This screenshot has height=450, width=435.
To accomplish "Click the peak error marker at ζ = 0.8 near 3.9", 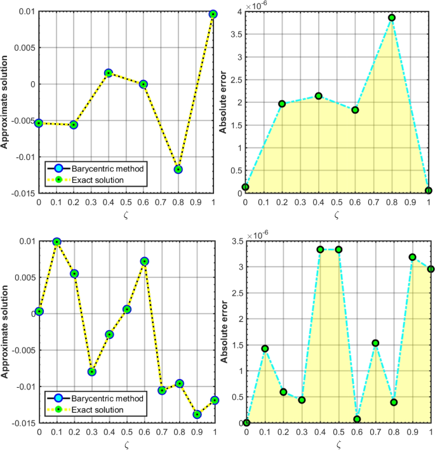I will pyautogui.click(x=392, y=18).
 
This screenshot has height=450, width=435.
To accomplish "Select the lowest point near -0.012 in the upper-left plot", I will pyautogui.click(x=178, y=169).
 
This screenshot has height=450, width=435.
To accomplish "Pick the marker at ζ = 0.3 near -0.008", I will pyautogui.click(x=92, y=372).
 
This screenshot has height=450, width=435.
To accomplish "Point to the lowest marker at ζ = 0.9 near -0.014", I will pyautogui.click(x=197, y=414).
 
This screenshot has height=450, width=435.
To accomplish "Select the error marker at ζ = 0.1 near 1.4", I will pyautogui.click(x=265, y=348).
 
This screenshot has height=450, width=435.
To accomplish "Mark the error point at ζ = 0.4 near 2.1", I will pyautogui.click(x=319, y=96).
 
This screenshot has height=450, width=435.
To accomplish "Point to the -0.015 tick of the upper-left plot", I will pyautogui.click(x=19, y=194).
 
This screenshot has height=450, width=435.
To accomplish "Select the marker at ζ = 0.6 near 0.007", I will pyautogui.click(x=145, y=261).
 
